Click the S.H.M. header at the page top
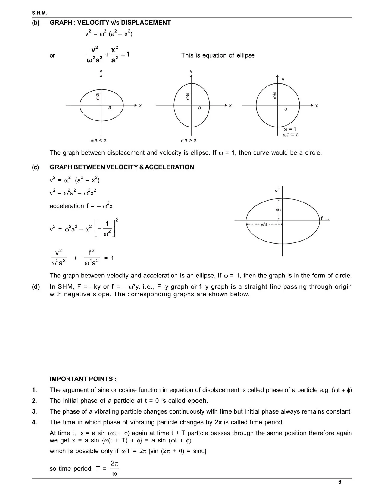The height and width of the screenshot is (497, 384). click(39, 13)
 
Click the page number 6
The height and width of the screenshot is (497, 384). click(340, 482)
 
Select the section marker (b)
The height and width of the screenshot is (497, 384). click(36, 23)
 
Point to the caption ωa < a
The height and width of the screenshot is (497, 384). click(98, 140)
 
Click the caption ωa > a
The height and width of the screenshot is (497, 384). click(189, 140)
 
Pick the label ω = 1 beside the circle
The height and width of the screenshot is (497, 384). click(290, 129)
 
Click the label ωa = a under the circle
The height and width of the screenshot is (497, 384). click(291, 135)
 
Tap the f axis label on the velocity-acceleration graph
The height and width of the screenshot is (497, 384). click(322, 218)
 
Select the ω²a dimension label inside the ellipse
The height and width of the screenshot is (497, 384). click(264, 224)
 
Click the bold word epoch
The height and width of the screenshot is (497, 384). click(197, 401)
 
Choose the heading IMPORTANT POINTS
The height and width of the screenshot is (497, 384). click(83, 379)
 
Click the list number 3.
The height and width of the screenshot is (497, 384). click(35, 411)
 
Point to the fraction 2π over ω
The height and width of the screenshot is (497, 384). click(114, 468)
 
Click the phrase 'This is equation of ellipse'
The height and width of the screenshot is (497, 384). click(218, 55)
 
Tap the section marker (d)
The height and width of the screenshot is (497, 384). click(36, 287)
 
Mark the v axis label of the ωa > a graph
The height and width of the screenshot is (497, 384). click(191, 71)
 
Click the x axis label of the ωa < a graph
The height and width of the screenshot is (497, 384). click(140, 106)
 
